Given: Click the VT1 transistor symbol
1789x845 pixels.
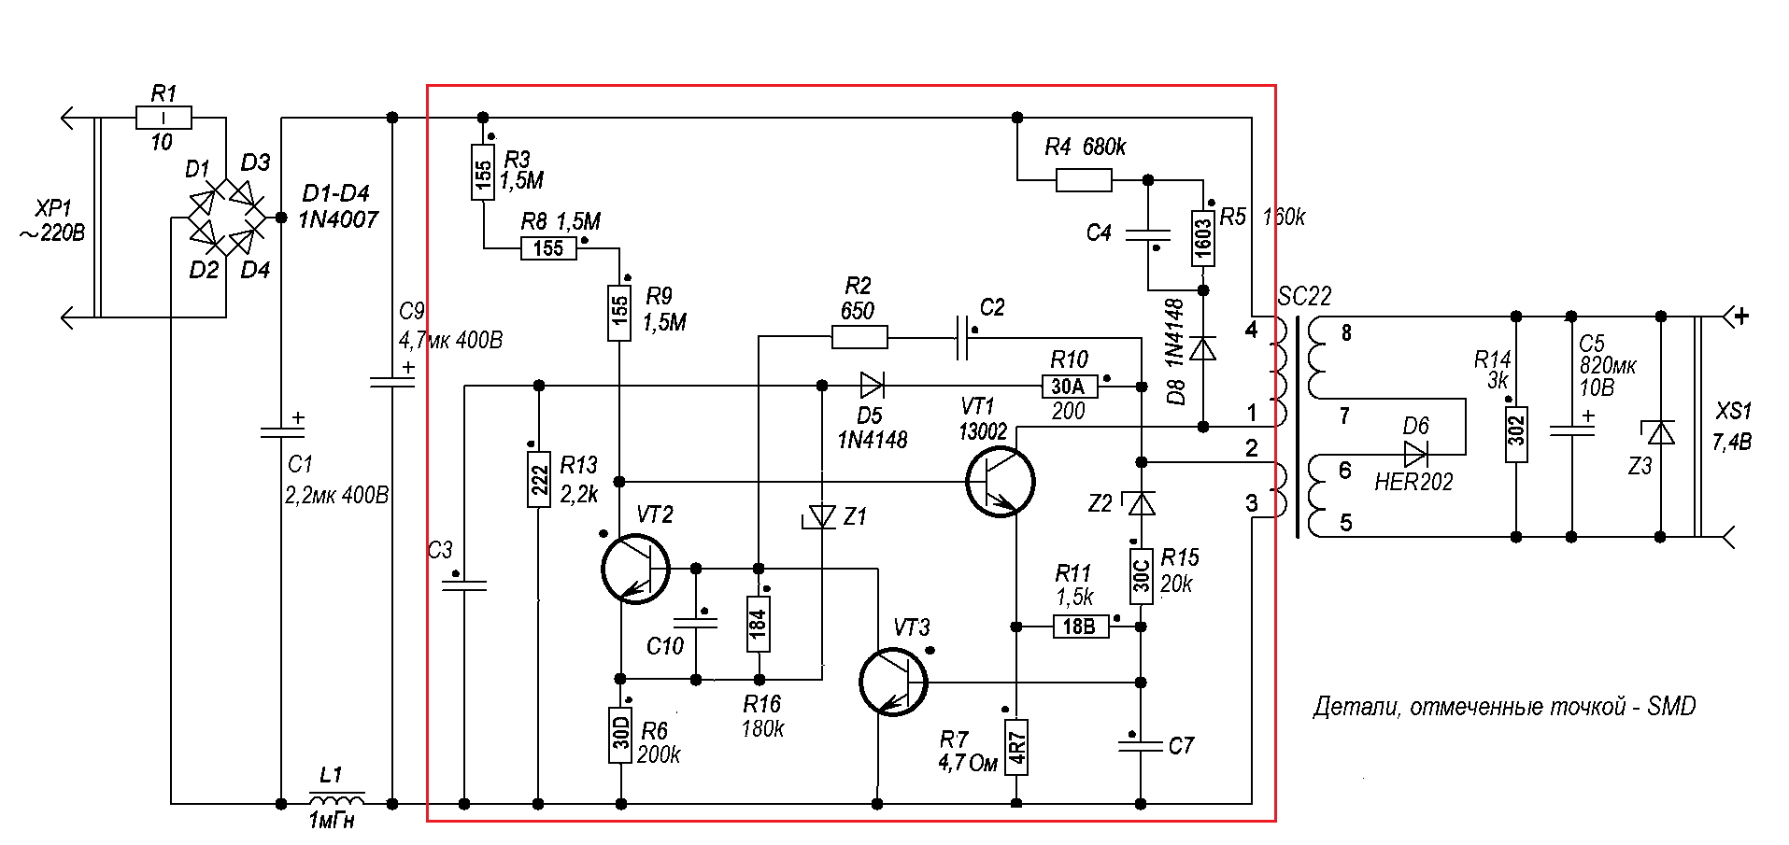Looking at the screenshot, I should tap(1000, 482).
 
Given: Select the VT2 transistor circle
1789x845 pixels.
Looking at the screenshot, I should tap(635, 569).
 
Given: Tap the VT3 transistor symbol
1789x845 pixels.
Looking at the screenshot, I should tap(893, 682).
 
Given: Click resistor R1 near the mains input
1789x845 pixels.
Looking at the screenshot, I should tap(163, 118).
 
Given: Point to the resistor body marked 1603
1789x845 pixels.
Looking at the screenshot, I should tap(1203, 239).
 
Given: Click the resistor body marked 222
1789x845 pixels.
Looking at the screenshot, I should tap(539, 480).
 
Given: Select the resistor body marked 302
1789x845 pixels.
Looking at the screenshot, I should tap(1516, 434).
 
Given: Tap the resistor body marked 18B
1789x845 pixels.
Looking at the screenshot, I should tap(1081, 627).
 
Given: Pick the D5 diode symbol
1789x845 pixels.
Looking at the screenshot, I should tap(872, 385).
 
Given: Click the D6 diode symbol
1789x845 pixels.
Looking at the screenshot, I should tap(1415, 455).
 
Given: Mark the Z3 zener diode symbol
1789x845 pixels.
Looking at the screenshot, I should tap(1660, 432).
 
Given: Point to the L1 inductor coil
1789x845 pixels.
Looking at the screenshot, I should tap(336, 800).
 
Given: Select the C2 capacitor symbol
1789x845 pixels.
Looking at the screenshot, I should tap(962, 337).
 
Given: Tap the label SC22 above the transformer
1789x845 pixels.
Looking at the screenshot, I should tap(1304, 297).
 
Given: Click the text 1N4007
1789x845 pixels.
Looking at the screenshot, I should tap(338, 219).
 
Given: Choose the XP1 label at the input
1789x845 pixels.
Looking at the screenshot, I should tap(53, 208).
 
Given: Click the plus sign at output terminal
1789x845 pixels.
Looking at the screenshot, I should tap(1741, 317).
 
